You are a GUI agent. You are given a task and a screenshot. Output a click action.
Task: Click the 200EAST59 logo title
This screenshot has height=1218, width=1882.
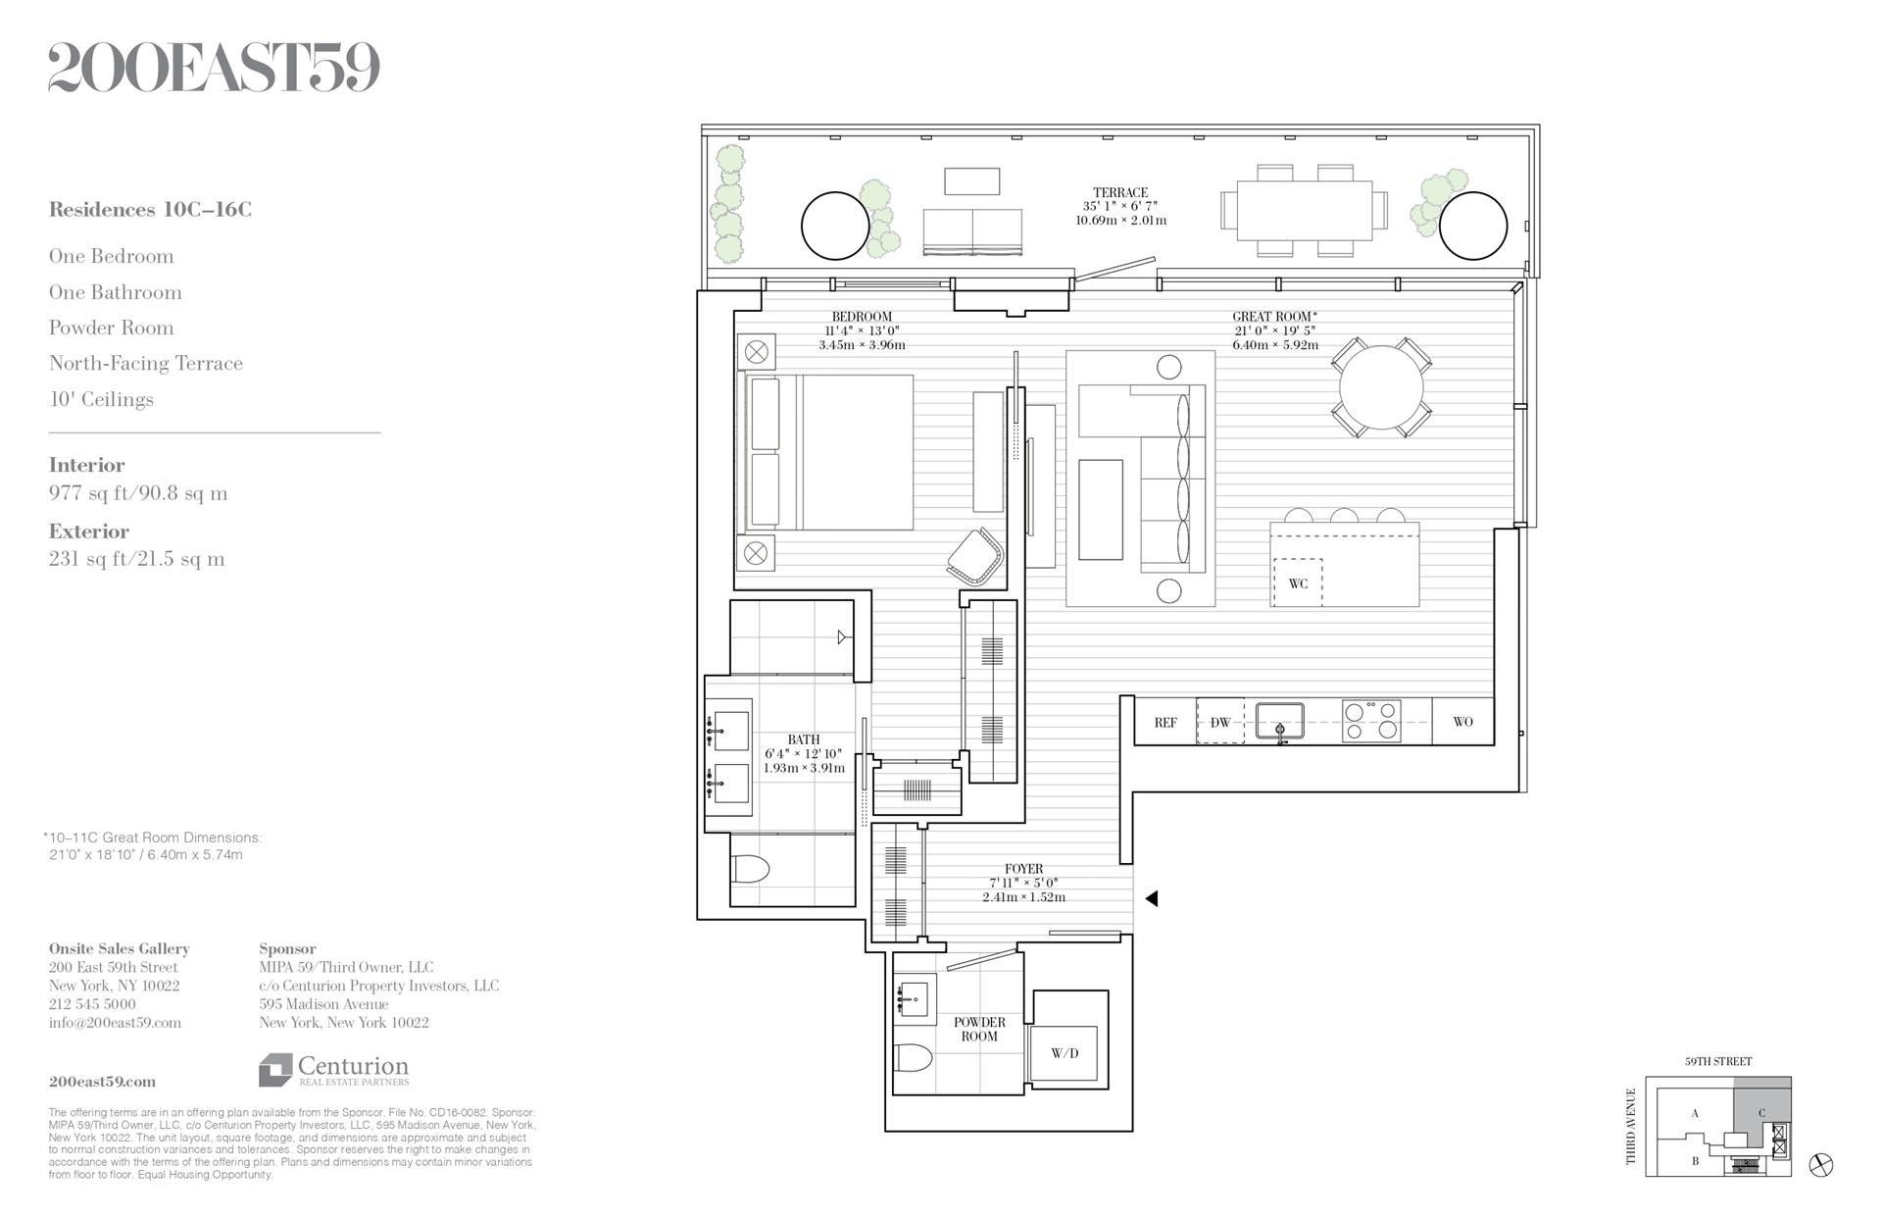214,68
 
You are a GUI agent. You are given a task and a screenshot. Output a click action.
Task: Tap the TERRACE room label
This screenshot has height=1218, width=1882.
1120,193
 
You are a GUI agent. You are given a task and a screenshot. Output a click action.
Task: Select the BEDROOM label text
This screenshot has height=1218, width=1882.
862,317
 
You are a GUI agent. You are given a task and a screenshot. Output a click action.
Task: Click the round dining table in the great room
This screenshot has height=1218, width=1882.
1381,387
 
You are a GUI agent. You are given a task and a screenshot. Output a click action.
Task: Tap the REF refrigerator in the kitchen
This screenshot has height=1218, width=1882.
1165,722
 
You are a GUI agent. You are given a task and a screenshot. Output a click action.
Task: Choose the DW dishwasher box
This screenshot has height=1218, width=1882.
1220,722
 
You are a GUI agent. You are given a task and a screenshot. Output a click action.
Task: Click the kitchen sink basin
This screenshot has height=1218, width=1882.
1280,719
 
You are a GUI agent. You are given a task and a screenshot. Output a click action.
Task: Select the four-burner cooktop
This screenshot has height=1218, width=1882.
1371,721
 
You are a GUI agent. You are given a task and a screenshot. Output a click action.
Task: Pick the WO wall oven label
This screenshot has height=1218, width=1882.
1462,722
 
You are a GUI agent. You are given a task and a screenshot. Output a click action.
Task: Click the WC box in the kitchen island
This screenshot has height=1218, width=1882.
1298,584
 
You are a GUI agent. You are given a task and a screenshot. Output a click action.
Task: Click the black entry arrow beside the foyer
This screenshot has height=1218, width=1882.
1152,897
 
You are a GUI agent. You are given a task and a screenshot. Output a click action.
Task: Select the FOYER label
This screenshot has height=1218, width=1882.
1023,869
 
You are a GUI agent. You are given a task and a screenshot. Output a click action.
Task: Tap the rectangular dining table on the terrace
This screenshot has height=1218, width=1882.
1304,210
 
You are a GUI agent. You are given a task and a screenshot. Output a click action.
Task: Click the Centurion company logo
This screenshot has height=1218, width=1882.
334,1070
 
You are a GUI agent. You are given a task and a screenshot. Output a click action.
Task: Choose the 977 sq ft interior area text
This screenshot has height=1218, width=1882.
138,493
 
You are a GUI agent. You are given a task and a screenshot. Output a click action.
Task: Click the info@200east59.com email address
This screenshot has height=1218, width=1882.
116,1023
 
